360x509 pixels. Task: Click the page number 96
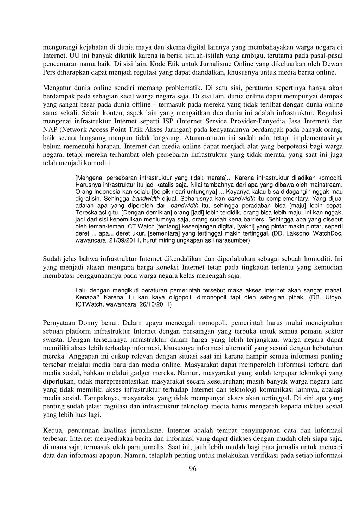(x=193, y=469)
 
